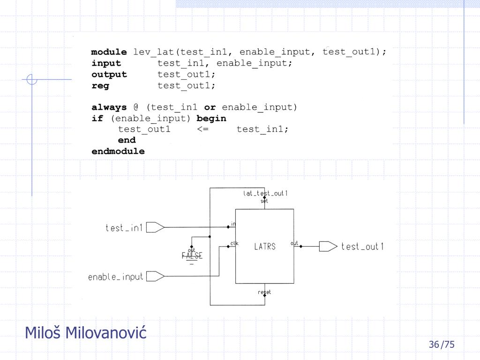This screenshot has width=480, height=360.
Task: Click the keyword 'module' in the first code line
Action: [109, 52]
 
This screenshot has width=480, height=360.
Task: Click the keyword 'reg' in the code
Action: [100, 86]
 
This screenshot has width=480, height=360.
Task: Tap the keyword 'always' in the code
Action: [109, 107]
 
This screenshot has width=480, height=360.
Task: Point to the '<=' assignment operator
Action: [203, 129]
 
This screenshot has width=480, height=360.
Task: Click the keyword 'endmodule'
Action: [118, 151]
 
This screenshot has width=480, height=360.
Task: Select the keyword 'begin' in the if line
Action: [211, 118]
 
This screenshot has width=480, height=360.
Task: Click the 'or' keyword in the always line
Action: [210, 107]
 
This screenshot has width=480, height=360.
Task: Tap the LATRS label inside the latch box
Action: [265, 246]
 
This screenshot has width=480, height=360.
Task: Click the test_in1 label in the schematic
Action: [124, 228]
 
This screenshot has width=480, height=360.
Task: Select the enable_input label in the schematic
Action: [116, 277]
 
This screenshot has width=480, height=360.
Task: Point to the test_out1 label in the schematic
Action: [362, 247]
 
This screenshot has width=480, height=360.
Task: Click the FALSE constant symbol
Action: [192, 255]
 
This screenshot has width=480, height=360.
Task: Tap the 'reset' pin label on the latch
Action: [264, 292]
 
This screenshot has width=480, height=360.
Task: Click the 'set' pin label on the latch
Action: [264, 201]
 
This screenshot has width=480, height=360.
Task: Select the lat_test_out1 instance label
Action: [265, 193]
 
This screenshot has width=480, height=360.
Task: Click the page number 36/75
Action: [441, 345]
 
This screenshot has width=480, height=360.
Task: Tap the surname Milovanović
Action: [105, 333]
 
